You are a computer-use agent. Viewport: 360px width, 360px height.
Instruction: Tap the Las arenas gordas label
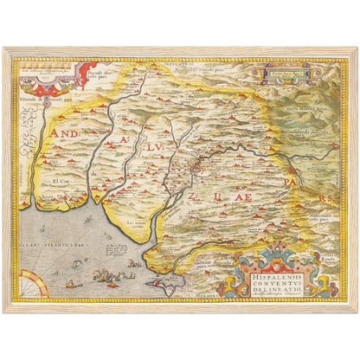136,223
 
